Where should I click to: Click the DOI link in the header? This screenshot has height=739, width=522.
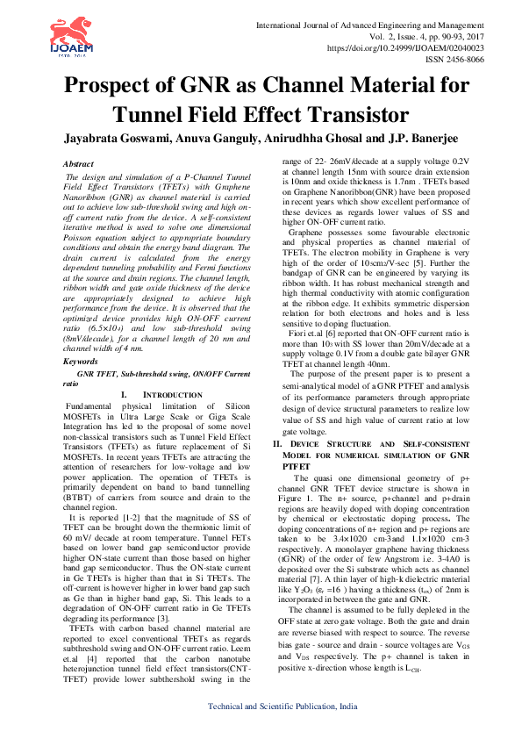click(405, 48)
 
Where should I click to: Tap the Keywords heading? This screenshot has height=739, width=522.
click(82, 362)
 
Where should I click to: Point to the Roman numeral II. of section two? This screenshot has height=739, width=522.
click(277, 445)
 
